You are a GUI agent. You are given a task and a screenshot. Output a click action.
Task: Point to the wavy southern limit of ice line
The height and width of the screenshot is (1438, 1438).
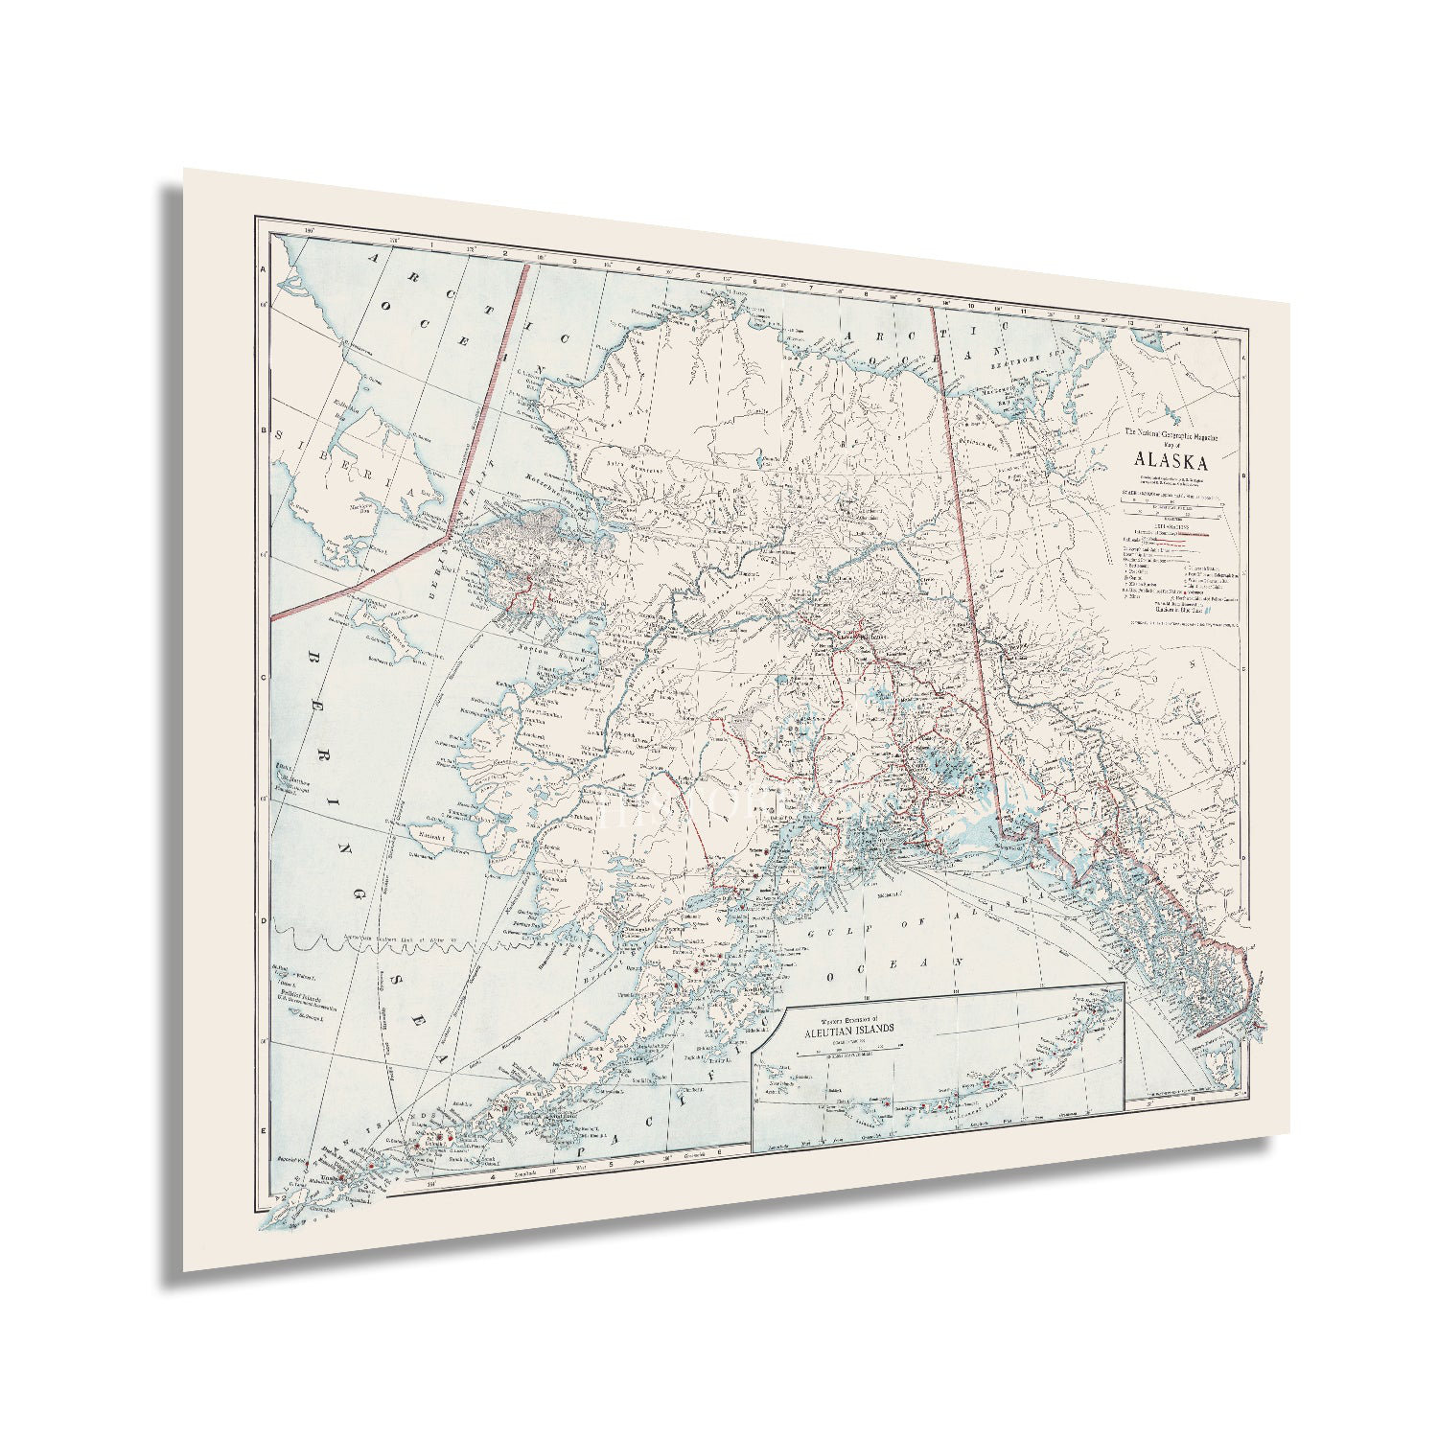pos(383,943)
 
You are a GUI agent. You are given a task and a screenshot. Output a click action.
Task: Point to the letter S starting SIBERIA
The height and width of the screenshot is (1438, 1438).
pos(281,436)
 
